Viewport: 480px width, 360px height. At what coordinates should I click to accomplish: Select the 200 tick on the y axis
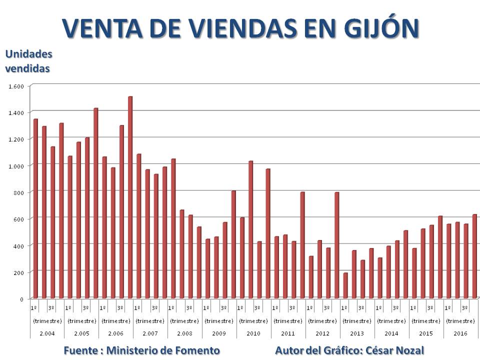pyautogui.click(x=18, y=272)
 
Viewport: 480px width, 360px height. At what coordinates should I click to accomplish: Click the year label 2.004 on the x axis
pyautogui.click(x=47, y=333)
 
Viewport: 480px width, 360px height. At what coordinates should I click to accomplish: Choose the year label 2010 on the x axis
pyautogui.click(x=253, y=333)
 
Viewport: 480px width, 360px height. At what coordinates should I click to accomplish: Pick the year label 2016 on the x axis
pyautogui.click(x=460, y=333)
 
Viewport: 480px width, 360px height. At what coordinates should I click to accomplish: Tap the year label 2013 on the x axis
pyautogui.click(x=357, y=333)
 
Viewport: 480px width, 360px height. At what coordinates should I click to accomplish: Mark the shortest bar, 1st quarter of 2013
pyautogui.click(x=345, y=285)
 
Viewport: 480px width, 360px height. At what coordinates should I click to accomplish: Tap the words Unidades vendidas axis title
pyautogui.click(x=28, y=61)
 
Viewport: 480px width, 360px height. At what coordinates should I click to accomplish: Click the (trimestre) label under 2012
pyautogui.click(x=322, y=320)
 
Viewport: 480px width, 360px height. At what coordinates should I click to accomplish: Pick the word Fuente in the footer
pyautogui.click(x=80, y=350)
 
